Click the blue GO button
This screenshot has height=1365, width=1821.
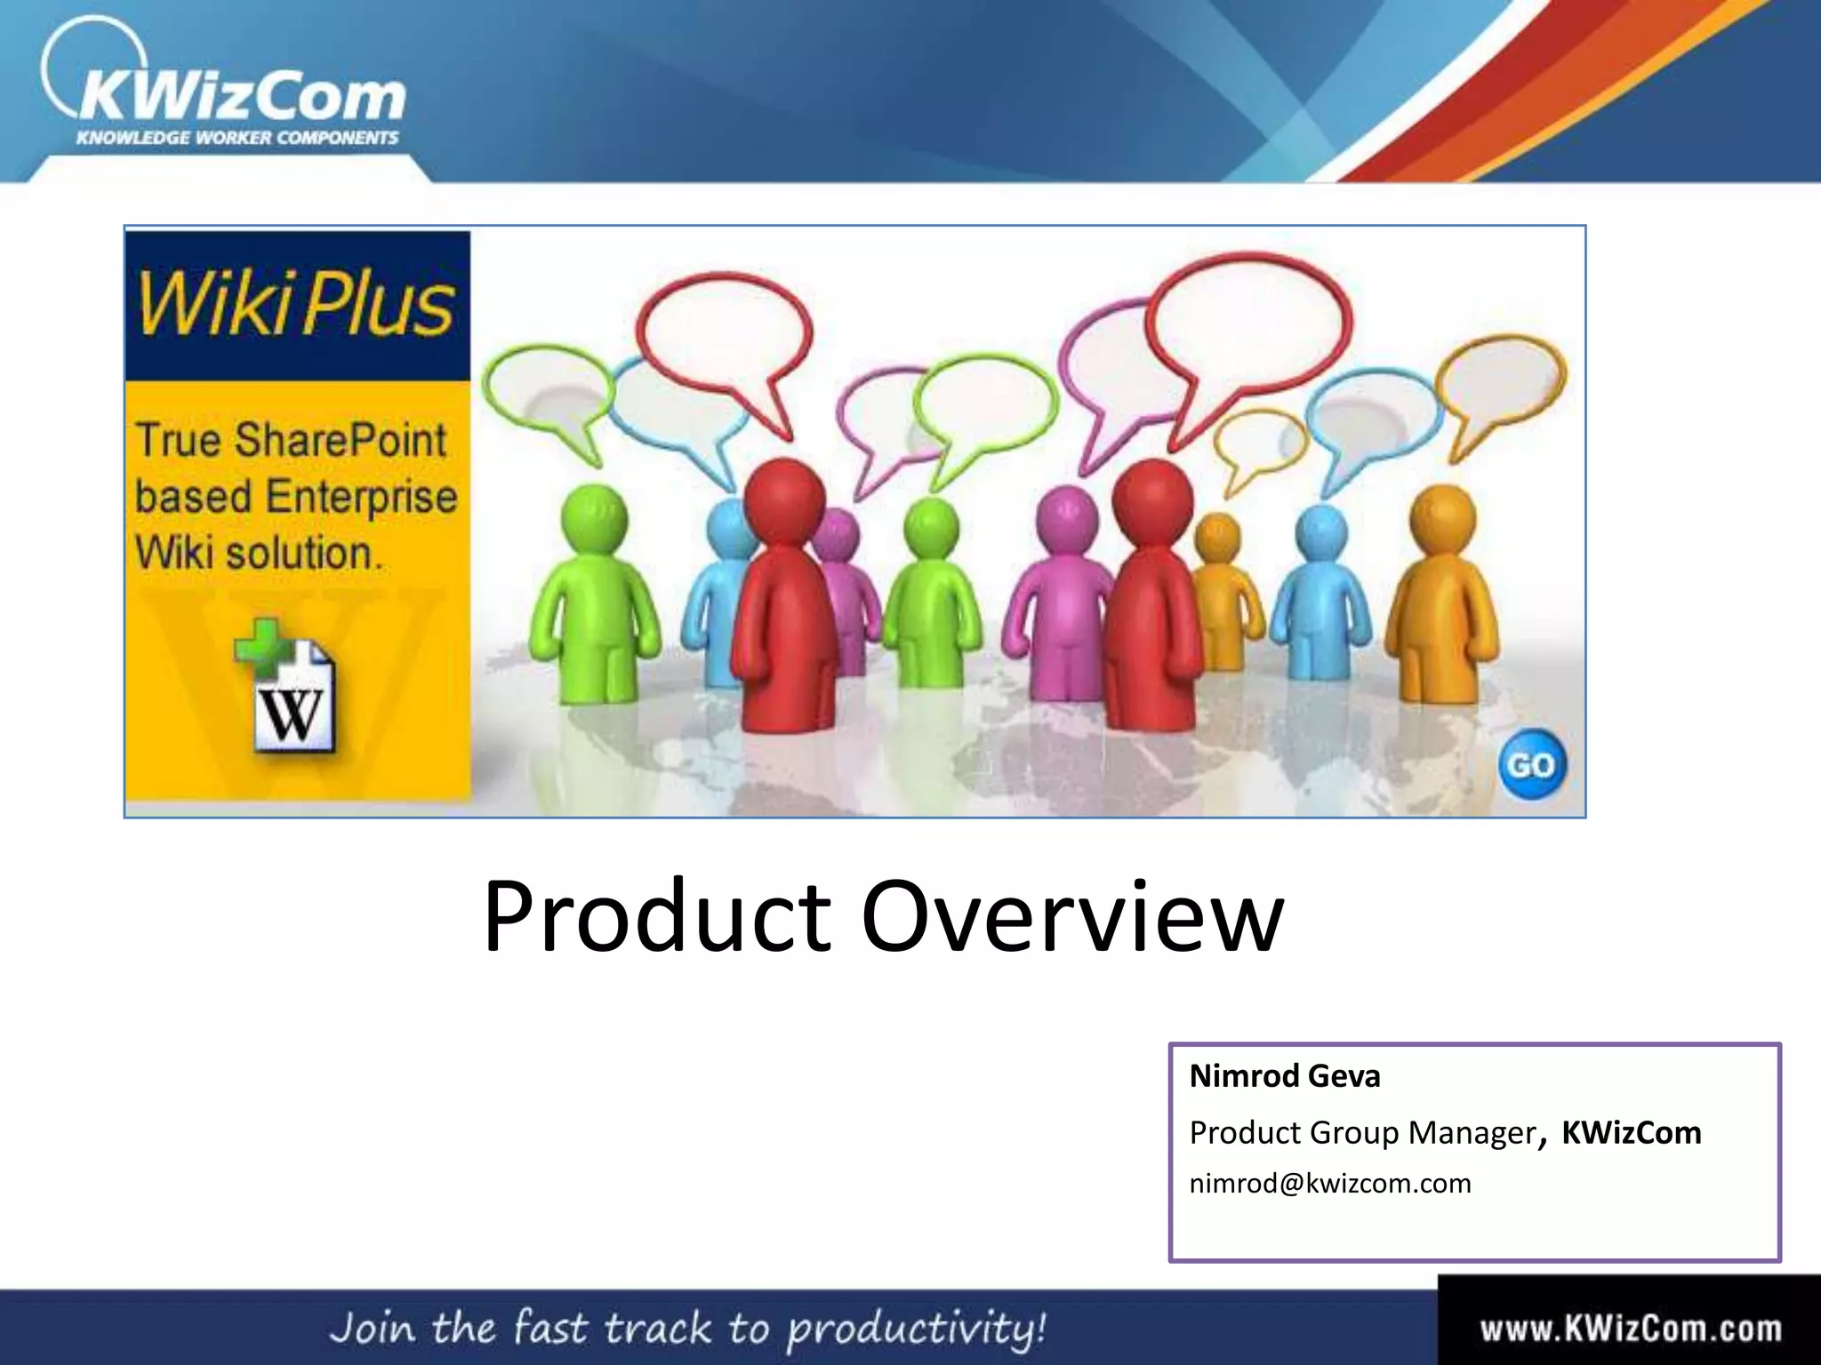pyautogui.click(x=1531, y=764)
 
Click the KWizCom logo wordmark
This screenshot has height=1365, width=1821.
pyautogui.click(x=240, y=96)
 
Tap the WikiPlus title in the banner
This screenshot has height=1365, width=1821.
pyautogui.click(x=295, y=305)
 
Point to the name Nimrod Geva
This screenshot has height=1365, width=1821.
pyautogui.click(x=1285, y=1076)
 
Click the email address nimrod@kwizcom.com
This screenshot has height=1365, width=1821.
pyautogui.click(x=1330, y=1184)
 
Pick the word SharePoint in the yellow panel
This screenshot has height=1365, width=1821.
pyautogui.click(x=341, y=441)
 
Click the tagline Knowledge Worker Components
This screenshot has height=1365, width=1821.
pyautogui.click(x=237, y=138)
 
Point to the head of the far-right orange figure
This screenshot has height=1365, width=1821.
pyautogui.click(x=1443, y=518)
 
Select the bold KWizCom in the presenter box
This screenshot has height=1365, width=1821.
pyautogui.click(x=1632, y=1133)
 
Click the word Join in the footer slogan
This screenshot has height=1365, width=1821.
pyautogui.click(x=373, y=1328)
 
